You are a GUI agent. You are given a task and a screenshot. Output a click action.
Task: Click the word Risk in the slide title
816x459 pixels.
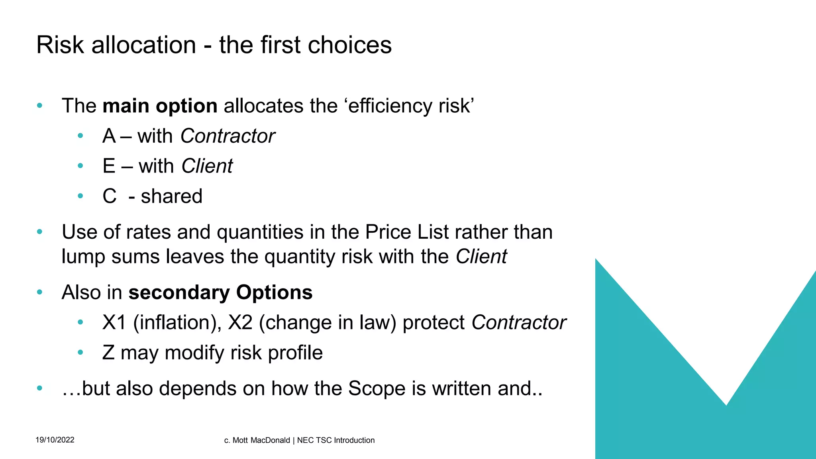click(x=60, y=45)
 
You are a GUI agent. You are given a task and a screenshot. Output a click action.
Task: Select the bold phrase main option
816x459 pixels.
click(x=160, y=106)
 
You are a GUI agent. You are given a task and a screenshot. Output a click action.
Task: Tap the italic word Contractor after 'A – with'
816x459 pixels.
click(x=228, y=136)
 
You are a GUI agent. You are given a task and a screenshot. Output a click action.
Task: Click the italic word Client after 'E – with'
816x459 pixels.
click(x=207, y=166)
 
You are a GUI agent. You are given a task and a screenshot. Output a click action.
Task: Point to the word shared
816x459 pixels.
click(x=172, y=196)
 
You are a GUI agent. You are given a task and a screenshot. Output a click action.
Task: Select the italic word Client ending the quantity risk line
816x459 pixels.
click(x=481, y=257)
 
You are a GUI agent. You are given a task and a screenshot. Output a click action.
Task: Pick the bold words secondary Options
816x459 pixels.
click(x=220, y=292)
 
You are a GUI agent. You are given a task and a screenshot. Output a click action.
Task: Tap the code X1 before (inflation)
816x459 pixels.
click(x=114, y=323)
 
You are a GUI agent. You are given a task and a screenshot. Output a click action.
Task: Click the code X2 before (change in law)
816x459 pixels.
click(x=240, y=323)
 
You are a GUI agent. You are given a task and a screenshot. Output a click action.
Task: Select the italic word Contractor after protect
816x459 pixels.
click(x=519, y=323)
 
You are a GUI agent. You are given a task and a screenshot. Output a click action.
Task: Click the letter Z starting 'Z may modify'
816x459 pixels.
click(x=108, y=353)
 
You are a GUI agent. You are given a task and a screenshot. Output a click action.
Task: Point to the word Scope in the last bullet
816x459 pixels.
click(x=377, y=388)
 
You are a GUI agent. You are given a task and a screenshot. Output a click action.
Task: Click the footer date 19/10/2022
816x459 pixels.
click(x=55, y=440)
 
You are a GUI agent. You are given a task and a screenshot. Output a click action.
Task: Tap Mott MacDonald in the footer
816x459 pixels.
click(x=261, y=440)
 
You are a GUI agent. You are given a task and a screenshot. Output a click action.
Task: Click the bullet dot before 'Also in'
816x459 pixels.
click(x=39, y=292)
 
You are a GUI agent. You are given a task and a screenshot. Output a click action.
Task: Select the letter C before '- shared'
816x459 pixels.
click(x=110, y=196)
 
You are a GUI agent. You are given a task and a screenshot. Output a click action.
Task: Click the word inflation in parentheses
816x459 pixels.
click(x=174, y=323)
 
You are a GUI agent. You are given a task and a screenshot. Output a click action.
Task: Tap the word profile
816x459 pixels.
click(x=295, y=353)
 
